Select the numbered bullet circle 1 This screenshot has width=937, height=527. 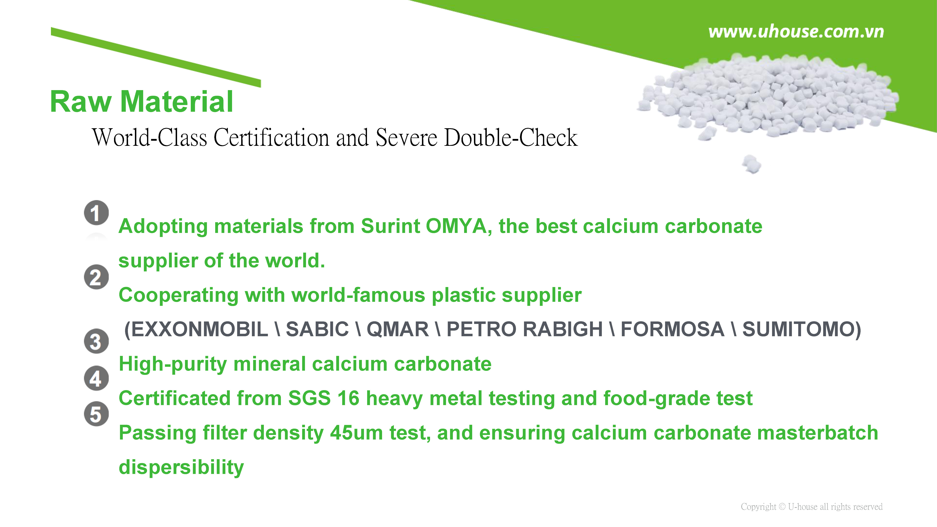coord(96,213)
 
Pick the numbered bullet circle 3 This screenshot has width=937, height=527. coord(96,341)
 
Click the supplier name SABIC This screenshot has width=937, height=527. coord(317,330)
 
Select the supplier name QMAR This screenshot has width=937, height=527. coord(398,330)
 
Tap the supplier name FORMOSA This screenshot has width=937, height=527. coord(672,330)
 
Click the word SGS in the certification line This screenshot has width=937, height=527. coord(309,398)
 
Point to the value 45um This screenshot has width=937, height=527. coord(356,433)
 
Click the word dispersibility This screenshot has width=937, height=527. coord(181,467)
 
